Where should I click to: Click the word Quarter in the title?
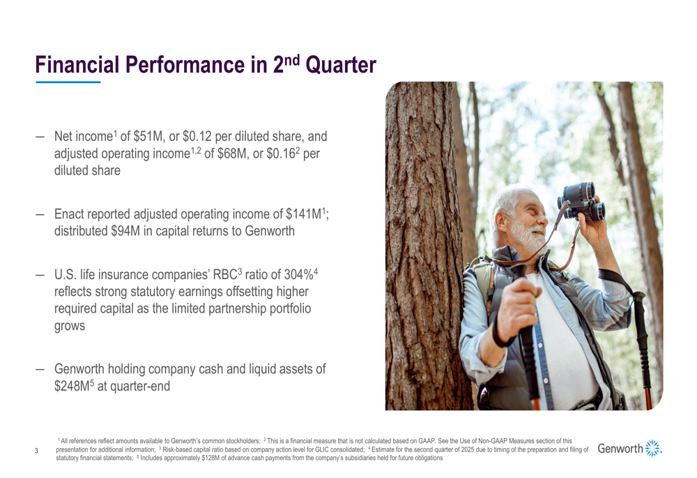341,65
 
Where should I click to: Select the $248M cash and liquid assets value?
72,386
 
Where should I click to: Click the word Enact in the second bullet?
69,214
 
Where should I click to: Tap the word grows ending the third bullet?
69,327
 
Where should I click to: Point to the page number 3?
36,451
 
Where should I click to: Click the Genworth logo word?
620,449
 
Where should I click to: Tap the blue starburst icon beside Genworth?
654,448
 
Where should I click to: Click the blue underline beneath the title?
68,82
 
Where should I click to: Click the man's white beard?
528,236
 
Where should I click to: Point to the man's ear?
502,220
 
